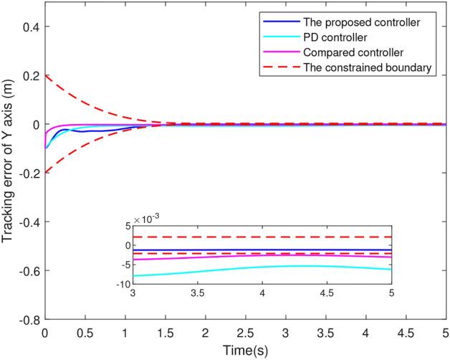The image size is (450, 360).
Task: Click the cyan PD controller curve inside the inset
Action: tap(287, 266)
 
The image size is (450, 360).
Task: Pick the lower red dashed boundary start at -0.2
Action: tap(46, 173)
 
